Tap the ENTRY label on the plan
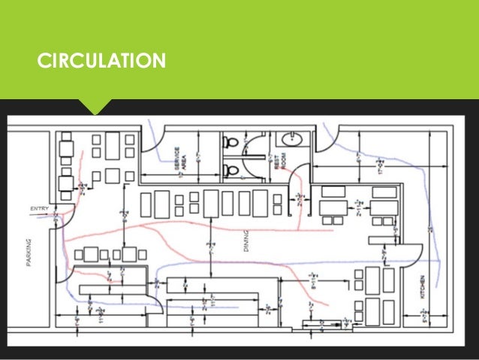[x=40, y=207]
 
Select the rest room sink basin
[x=290, y=141]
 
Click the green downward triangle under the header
[x=100, y=107]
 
